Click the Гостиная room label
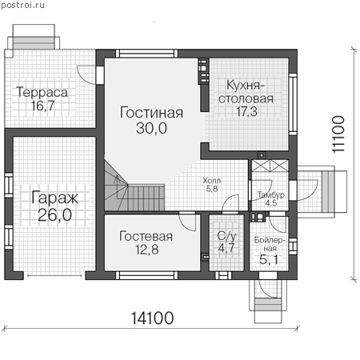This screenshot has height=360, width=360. (x=151, y=113)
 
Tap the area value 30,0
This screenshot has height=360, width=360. (x=151, y=128)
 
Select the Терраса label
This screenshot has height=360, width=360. (x=42, y=92)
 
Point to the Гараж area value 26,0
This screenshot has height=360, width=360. (x=54, y=215)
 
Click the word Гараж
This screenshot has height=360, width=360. (x=54, y=198)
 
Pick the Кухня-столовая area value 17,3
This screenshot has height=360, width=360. (x=246, y=111)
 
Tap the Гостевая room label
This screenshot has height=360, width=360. (x=146, y=237)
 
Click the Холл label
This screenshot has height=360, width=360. (x=212, y=181)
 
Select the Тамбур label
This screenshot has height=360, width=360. (x=271, y=195)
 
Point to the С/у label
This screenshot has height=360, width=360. (x=226, y=236)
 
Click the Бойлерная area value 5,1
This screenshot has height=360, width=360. (x=269, y=259)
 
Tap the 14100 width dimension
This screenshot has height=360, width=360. (x=152, y=318)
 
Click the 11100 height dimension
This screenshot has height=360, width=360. (x=338, y=134)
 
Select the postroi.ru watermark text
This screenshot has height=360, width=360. (x=22, y=5)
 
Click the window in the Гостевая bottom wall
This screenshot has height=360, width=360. (x=146, y=275)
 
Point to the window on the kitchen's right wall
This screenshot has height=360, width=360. (x=293, y=104)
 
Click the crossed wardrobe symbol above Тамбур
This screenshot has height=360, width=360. (x=270, y=166)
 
